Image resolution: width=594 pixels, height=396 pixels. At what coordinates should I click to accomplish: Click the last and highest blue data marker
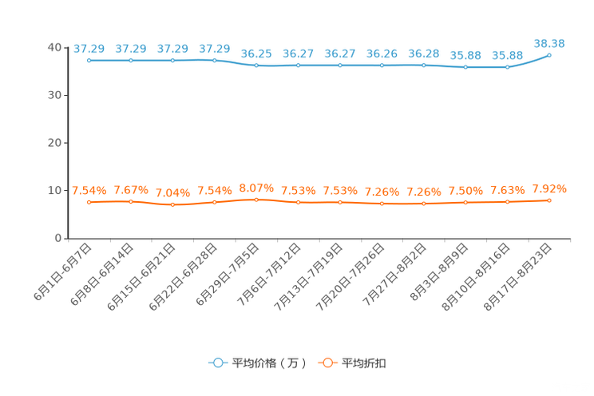point(550,54)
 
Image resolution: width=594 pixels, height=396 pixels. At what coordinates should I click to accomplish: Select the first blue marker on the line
point(89,61)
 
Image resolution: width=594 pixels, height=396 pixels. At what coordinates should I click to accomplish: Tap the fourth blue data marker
point(214,60)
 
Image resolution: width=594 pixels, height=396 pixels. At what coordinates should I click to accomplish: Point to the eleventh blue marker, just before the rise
point(507,67)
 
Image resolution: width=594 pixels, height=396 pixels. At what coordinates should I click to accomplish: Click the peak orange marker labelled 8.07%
point(256,200)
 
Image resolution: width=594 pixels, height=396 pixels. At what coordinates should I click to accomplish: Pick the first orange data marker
point(89,203)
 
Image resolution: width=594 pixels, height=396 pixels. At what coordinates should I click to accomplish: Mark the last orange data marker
point(550,200)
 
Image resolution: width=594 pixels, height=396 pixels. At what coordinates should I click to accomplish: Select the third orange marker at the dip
point(172,205)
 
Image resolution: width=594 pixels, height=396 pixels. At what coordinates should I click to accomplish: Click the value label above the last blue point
point(550,42)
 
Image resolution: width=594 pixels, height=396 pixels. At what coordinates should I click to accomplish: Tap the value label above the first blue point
point(88,49)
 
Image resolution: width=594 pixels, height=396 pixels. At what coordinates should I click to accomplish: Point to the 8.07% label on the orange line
point(256,188)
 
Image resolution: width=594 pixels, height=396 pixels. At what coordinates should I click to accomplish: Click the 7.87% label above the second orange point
point(130,190)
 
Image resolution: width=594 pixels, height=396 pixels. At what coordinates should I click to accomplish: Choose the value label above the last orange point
point(550,188)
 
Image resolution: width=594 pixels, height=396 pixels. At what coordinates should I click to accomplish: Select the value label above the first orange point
point(89,191)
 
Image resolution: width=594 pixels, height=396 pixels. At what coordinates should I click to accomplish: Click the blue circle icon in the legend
point(217,363)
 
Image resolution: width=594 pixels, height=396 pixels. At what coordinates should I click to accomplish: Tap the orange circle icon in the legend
point(327,363)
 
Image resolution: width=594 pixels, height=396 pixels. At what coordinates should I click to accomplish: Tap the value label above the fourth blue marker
point(214,49)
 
